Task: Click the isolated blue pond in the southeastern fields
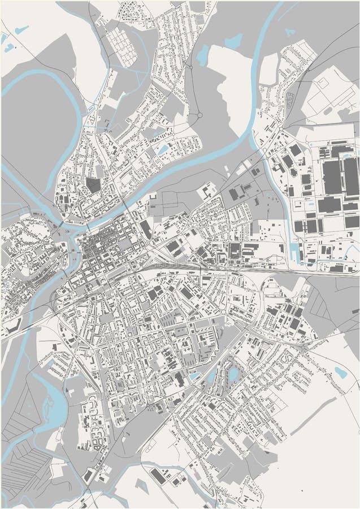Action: coord(340,372)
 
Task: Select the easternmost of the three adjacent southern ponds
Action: coord(233,375)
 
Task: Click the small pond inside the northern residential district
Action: coord(163,149)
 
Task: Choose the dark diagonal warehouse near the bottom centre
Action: coord(159,476)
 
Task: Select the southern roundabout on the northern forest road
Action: coord(199,115)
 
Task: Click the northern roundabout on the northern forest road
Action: coord(190,67)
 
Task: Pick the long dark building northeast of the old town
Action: coord(145,230)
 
